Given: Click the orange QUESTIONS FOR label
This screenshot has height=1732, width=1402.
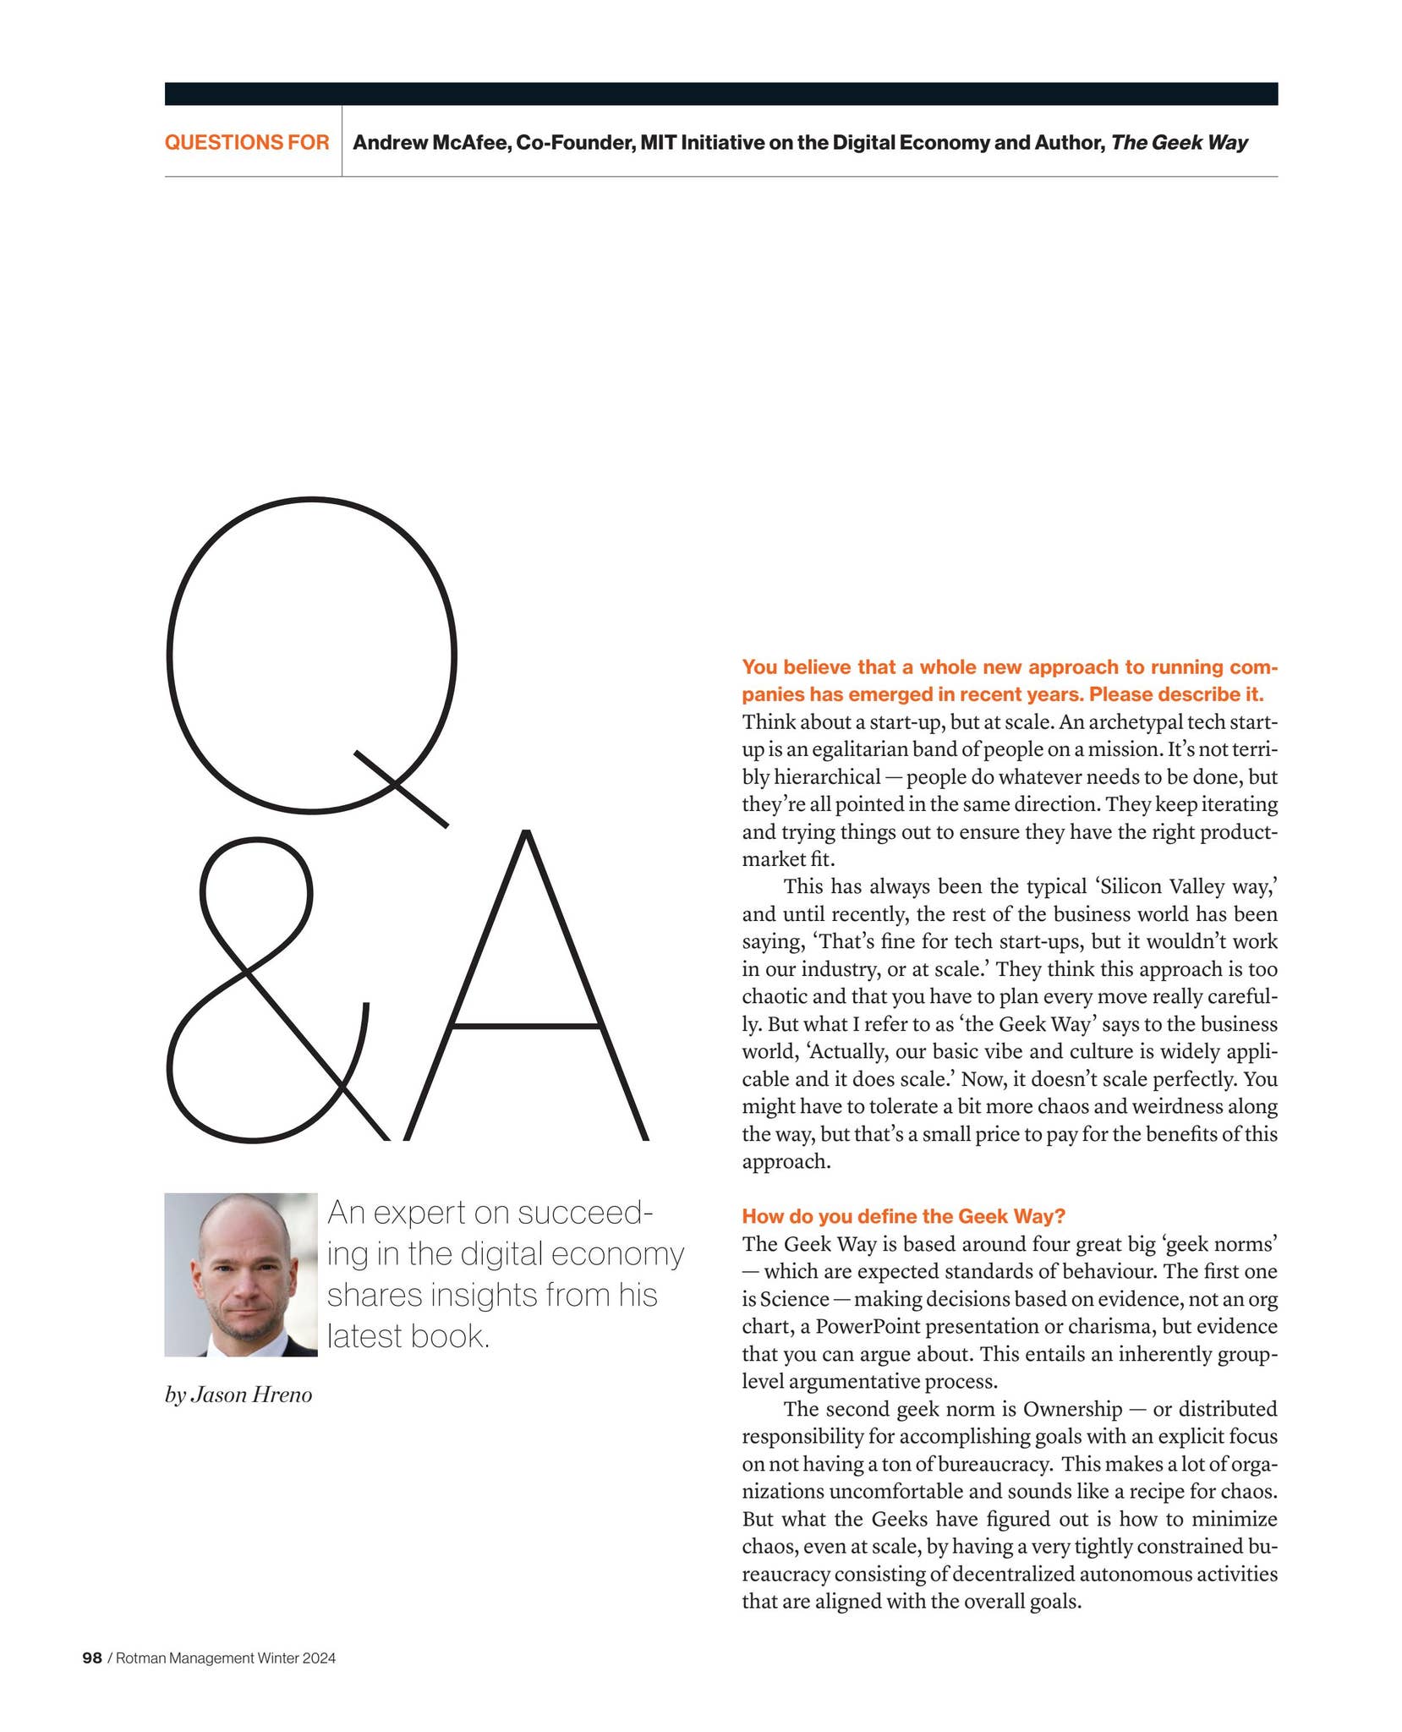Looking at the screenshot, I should coord(246,142).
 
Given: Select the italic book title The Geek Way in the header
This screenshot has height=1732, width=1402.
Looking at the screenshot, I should coord(1179,142).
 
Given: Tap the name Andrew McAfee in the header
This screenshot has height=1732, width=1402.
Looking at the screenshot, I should coord(430,142).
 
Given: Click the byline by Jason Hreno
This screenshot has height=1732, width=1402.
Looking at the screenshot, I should coord(238,1395).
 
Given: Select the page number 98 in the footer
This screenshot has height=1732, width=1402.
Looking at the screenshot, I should coord(91,1658).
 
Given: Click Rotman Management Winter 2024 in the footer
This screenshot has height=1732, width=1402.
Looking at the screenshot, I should coord(226,1658).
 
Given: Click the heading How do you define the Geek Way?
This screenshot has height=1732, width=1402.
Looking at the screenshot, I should coord(902,1216).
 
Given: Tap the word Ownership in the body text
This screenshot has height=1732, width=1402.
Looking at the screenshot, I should coord(1072,1409).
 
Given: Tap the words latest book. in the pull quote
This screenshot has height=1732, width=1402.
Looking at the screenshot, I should coord(408,1336).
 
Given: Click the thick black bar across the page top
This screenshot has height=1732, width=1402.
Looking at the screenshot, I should coord(720,93).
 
